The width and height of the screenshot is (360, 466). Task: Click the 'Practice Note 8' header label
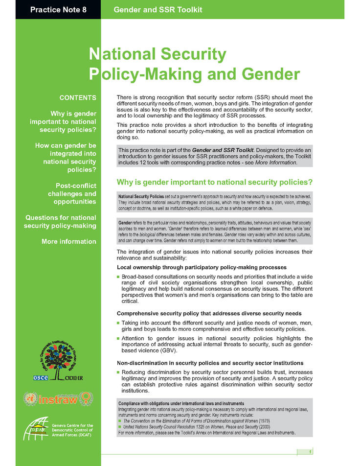pyautogui.click(x=58, y=9)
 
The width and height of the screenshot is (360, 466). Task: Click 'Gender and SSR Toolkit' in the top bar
pyautogui.click(x=157, y=9)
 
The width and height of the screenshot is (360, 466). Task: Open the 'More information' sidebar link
pyautogui.click(x=69, y=241)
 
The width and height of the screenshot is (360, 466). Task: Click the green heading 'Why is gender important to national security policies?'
pyautogui.click(x=215, y=182)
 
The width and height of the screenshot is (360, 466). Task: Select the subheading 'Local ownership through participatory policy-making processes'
pyautogui.click(x=202, y=267)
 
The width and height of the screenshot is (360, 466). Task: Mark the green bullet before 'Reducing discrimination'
pyautogui.click(x=118, y=373)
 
